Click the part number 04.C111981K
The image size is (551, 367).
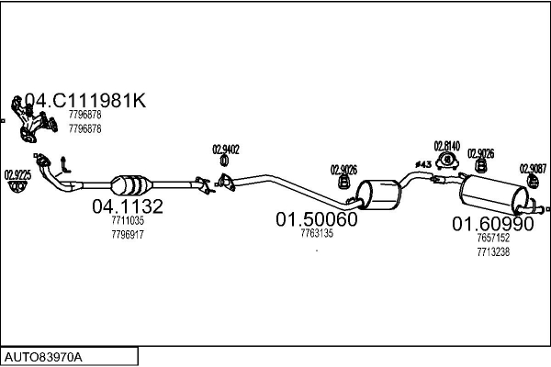point(85,100)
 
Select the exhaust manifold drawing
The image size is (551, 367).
point(34,119)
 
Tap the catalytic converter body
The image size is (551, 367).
point(131,184)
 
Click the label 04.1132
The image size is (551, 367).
point(128,206)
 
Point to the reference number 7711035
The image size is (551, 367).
point(128,220)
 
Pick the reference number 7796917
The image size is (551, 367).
point(128,235)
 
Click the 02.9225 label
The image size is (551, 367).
point(17,175)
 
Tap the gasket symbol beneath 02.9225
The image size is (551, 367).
point(17,186)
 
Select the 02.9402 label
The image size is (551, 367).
point(226,150)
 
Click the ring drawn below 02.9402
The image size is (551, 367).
point(224,161)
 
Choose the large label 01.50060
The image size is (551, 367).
point(317,219)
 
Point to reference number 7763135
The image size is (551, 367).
point(317,233)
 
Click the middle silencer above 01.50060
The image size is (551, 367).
point(378,195)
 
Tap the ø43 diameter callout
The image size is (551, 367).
point(423,164)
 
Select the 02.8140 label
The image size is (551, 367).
point(447,146)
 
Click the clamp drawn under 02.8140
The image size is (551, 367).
point(447,161)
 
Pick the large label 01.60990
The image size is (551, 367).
point(493,224)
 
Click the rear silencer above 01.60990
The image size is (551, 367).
point(494,195)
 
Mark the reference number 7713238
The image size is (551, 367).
point(493,252)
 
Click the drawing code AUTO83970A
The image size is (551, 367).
point(43,358)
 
